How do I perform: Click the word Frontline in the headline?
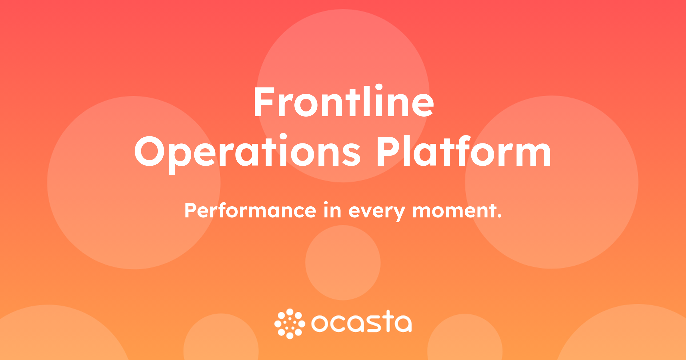344,101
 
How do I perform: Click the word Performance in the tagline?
250,211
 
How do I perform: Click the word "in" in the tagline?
332,210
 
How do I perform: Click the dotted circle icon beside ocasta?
290,324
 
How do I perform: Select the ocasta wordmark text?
362,322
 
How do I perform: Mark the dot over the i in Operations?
283,137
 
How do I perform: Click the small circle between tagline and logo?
343,263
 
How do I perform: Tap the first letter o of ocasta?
319,324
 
